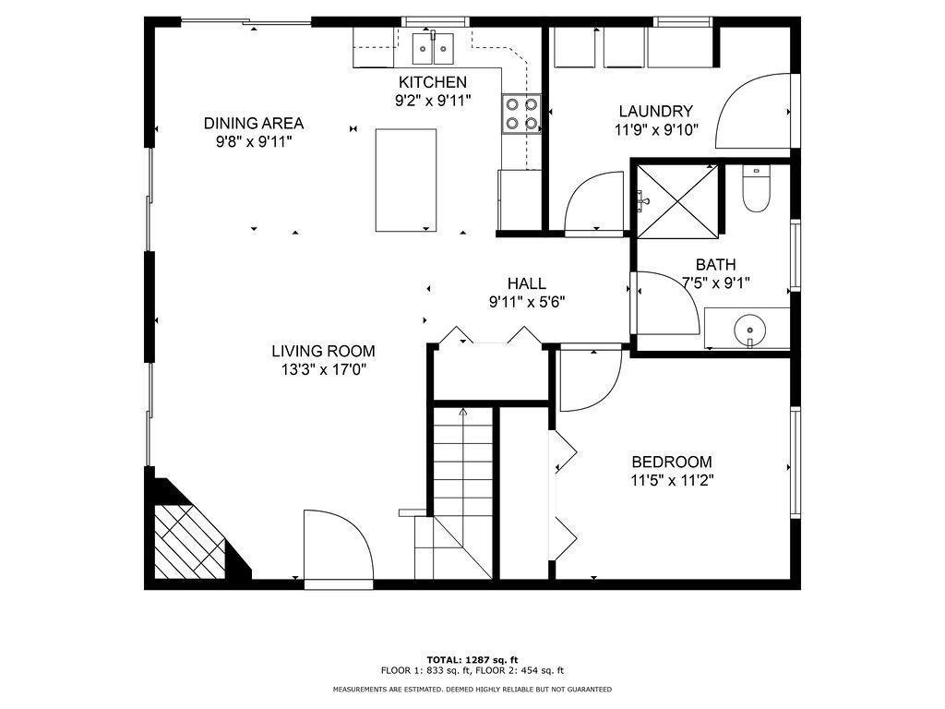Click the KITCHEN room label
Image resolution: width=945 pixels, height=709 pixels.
click(x=433, y=82)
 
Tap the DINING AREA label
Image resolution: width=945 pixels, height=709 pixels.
click(x=254, y=124)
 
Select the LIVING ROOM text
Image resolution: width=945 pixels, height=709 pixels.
click(x=323, y=351)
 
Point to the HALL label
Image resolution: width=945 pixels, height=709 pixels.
click(x=527, y=283)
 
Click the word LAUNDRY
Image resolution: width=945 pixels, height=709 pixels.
click(x=656, y=111)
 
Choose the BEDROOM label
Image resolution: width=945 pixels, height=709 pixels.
click(x=672, y=463)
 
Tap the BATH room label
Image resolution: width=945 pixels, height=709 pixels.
click(x=716, y=265)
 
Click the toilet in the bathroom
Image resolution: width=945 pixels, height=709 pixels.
click(x=757, y=187)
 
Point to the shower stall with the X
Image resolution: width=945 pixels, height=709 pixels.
click(x=678, y=199)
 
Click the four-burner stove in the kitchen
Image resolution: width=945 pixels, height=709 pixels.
click(x=521, y=114)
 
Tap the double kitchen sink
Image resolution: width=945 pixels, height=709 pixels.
click(x=433, y=48)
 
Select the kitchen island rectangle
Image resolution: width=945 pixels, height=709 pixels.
click(x=406, y=180)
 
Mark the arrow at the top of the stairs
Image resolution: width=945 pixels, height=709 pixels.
click(x=463, y=413)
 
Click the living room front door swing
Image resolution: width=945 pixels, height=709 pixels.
click(x=339, y=544)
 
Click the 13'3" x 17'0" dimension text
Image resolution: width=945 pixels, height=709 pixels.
click(x=323, y=369)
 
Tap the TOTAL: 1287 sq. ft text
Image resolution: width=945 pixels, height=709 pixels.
click(x=472, y=659)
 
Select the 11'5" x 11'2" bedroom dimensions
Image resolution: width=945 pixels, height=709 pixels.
click(x=672, y=480)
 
